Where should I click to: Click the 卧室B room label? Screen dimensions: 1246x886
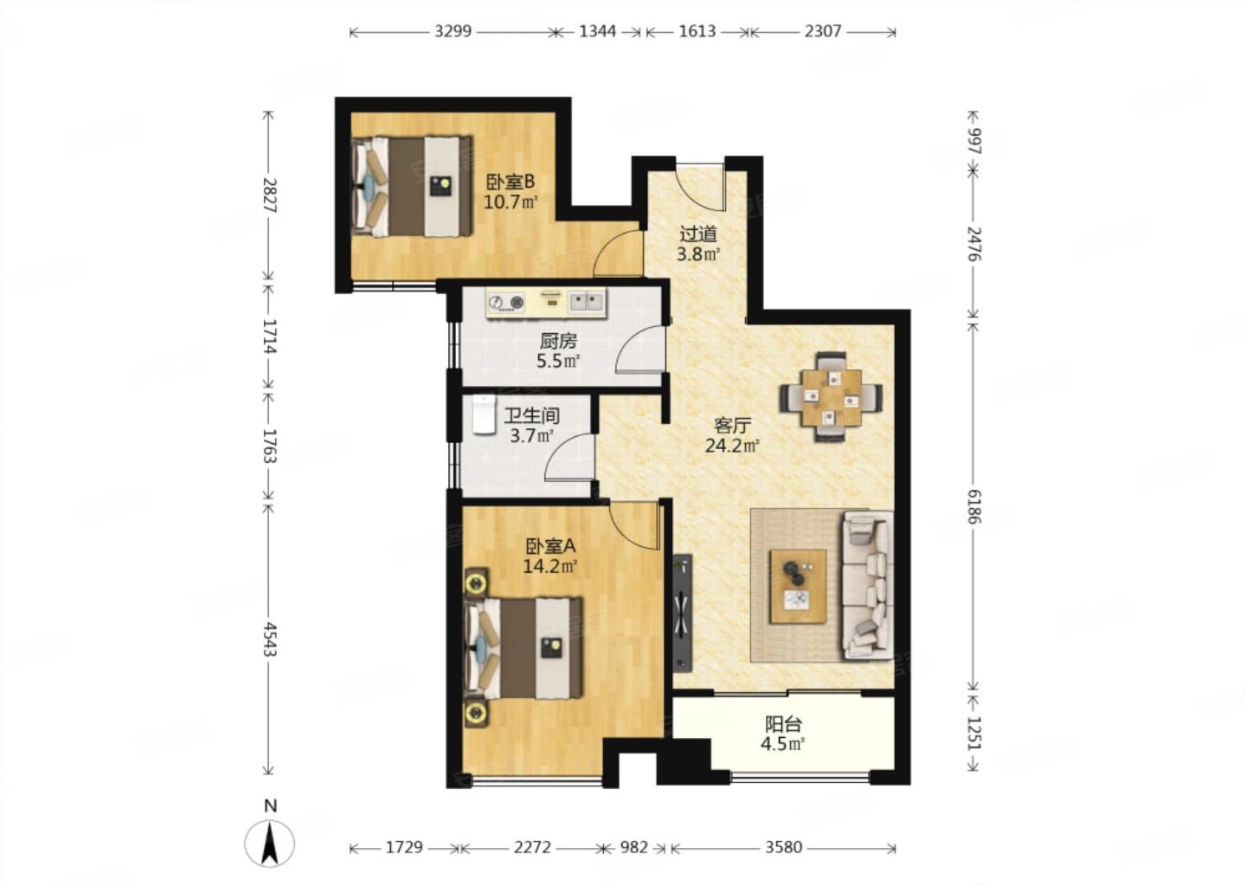511,182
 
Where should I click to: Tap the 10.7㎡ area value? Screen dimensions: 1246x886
511,202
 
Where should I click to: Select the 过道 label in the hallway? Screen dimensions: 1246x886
698,234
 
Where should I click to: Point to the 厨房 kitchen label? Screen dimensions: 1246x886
558,341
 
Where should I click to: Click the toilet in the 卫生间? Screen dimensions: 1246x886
484,414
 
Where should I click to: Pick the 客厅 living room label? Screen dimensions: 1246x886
732,426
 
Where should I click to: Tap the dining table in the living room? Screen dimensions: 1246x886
831,397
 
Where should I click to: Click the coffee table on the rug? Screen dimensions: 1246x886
798,587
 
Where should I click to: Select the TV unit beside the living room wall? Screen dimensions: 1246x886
682,613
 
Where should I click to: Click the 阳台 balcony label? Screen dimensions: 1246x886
783,724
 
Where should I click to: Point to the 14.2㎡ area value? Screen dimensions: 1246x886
549,566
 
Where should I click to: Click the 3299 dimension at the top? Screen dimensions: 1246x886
453,31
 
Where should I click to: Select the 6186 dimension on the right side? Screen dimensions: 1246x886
973,507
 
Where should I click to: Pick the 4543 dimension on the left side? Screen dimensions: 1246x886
269,639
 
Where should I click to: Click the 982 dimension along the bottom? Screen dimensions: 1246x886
633,847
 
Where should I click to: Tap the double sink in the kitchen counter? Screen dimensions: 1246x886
587,302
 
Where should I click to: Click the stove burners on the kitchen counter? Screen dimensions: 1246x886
506,303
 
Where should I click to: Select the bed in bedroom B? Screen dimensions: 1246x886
412,186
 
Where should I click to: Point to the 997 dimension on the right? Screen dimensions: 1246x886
974,141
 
